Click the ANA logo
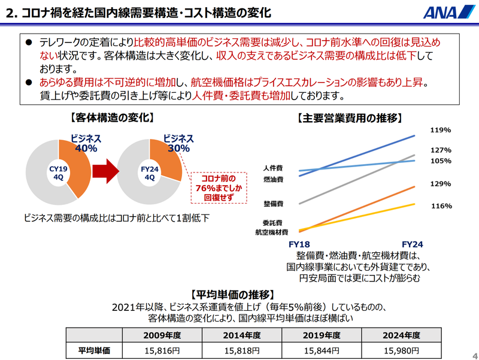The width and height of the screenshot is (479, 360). (x=442, y=13)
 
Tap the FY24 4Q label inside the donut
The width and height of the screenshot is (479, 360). (x=149, y=173)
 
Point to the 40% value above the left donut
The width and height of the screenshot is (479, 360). (x=86, y=148)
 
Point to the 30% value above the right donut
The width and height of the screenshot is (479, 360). (x=178, y=148)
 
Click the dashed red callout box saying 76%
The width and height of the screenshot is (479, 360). (x=216, y=187)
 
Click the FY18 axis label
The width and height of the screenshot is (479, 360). (x=300, y=244)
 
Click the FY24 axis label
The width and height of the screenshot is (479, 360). (x=413, y=244)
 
